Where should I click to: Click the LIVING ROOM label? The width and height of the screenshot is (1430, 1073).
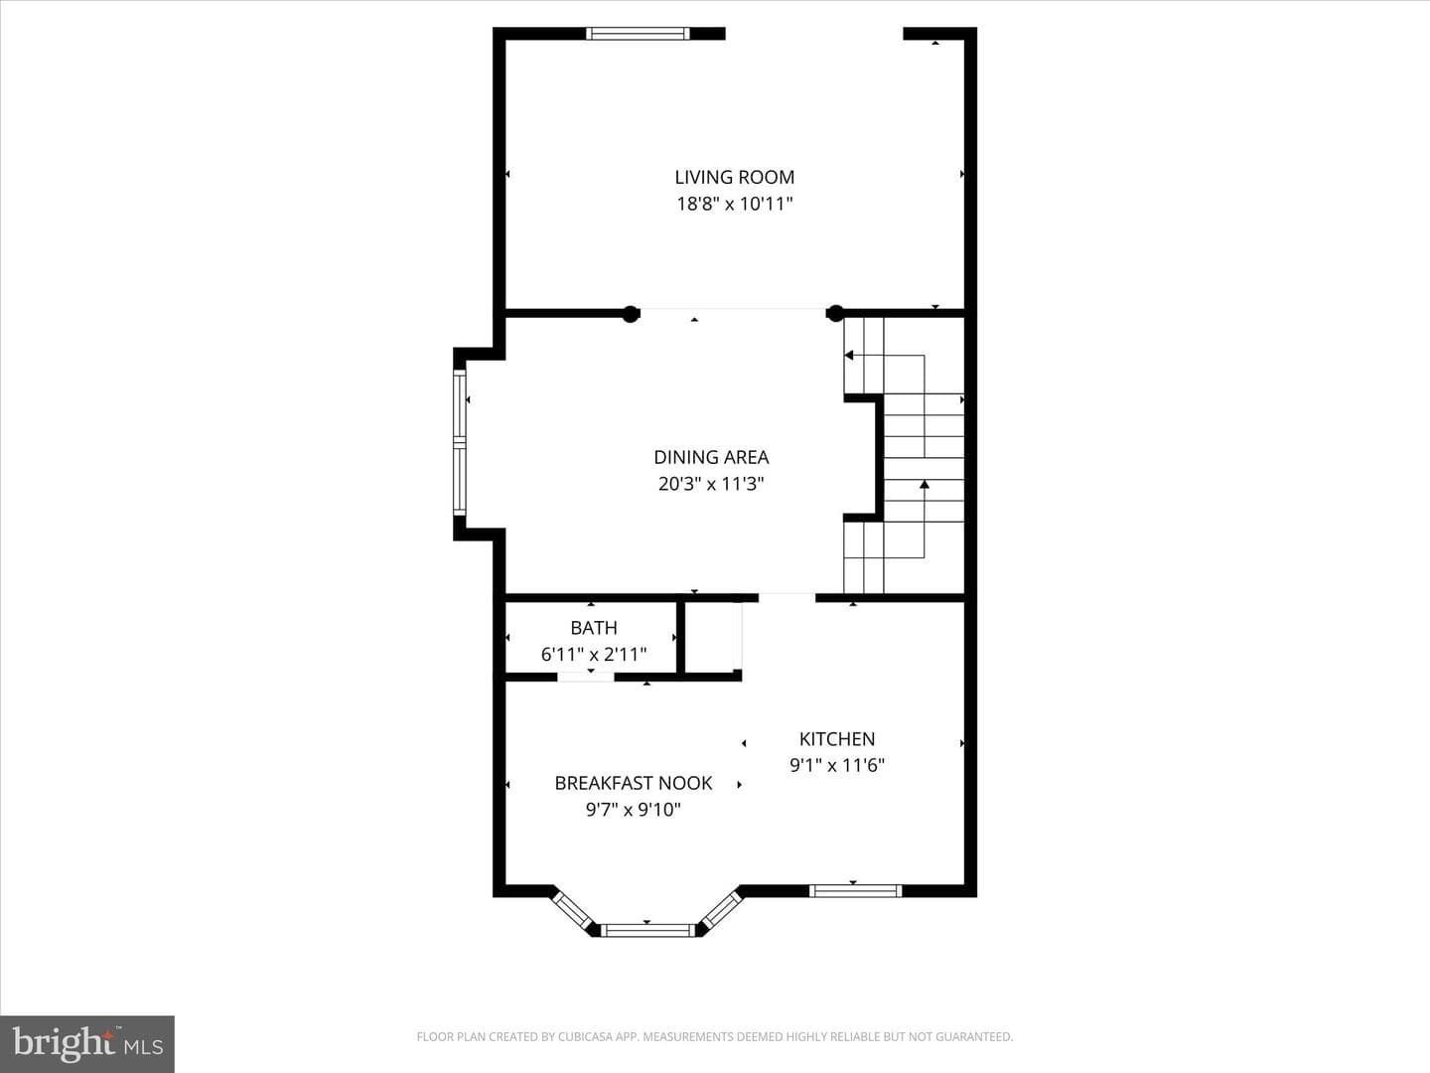click(734, 177)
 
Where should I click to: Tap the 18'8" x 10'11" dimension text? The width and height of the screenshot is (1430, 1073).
click(734, 204)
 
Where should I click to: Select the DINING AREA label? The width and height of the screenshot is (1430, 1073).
click(711, 457)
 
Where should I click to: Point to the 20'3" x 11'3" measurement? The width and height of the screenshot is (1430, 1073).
click(711, 484)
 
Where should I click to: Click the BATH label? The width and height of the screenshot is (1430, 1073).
click(594, 628)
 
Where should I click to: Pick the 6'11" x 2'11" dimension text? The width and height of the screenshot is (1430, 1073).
click(594, 654)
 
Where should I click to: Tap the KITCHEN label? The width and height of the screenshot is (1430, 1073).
click(837, 739)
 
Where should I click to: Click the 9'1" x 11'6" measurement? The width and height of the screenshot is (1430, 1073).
click(837, 765)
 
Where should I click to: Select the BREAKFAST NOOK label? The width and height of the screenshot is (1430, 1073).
click(634, 783)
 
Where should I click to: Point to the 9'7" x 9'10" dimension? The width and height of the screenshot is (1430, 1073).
click(634, 810)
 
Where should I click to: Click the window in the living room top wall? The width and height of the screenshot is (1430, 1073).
click(638, 34)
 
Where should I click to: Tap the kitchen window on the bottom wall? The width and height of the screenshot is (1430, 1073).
click(855, 890)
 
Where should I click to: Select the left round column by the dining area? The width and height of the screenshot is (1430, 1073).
click(630, 314)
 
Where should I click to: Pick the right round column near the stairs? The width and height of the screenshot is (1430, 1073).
click(834, 314)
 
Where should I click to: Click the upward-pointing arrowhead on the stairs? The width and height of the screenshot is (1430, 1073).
click(925, 484)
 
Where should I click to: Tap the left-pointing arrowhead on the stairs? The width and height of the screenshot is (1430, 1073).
click(849, 355)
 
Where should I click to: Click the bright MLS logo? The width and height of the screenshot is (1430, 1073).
click(87, 1043)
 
